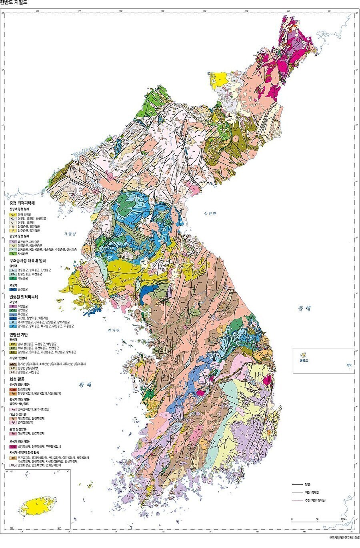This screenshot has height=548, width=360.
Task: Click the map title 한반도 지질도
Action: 14,2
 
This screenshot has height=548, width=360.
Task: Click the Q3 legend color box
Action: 13,215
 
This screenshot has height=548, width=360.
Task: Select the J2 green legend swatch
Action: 13,253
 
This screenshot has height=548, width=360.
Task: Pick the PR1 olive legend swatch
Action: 13,352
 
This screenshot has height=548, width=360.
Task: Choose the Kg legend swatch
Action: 13,409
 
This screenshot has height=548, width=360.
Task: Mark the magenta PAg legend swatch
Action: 13,446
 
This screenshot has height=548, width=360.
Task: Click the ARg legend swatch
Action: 13,465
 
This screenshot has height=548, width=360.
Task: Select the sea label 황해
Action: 86,385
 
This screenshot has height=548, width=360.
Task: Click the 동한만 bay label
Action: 209,213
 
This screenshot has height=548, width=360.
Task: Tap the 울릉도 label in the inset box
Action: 305,360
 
